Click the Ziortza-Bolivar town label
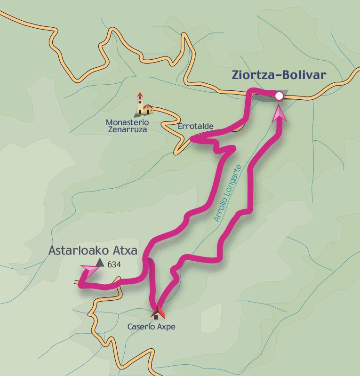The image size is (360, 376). [x=279, y=75]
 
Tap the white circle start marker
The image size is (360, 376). [x=279, y=96]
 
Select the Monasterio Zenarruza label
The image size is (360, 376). [x=126, y=125]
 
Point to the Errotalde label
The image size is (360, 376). [x=195, y=126]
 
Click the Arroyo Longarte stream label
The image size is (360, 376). [x=228, y=193]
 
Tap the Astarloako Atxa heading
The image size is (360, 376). [x=93, y=250]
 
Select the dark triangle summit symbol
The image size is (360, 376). [x=100, y=263]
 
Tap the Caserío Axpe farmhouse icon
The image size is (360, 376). [x=156, y=313]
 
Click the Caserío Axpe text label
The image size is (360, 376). [x=151, y=326]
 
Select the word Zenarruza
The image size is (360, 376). [x=126, y=129]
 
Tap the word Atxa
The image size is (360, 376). [x=124, y=250]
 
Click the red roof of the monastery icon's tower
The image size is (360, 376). [x=140, y=95]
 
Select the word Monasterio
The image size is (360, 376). [x=126, y=121]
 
